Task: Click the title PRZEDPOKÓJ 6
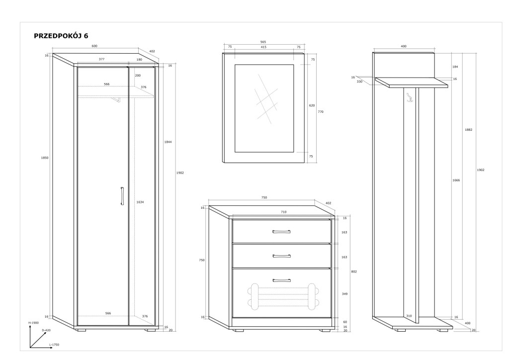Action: (61, 36)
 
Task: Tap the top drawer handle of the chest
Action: (281, 231)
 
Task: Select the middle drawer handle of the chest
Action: (281, 256)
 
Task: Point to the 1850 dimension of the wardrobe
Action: (45, 158)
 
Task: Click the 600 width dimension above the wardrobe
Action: (94, 46)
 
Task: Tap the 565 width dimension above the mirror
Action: (263, 42)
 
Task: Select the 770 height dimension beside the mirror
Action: (321, 112)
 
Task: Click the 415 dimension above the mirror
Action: (263, 47)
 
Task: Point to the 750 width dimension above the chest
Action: (264, 197)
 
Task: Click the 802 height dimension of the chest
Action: (354, 271)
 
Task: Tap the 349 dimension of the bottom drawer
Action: (345, 293)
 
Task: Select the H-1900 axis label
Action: (33, 323)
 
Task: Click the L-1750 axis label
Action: (54, 344)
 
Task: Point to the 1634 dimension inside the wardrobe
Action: (140, 202)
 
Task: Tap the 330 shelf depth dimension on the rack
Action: (359, 82)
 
